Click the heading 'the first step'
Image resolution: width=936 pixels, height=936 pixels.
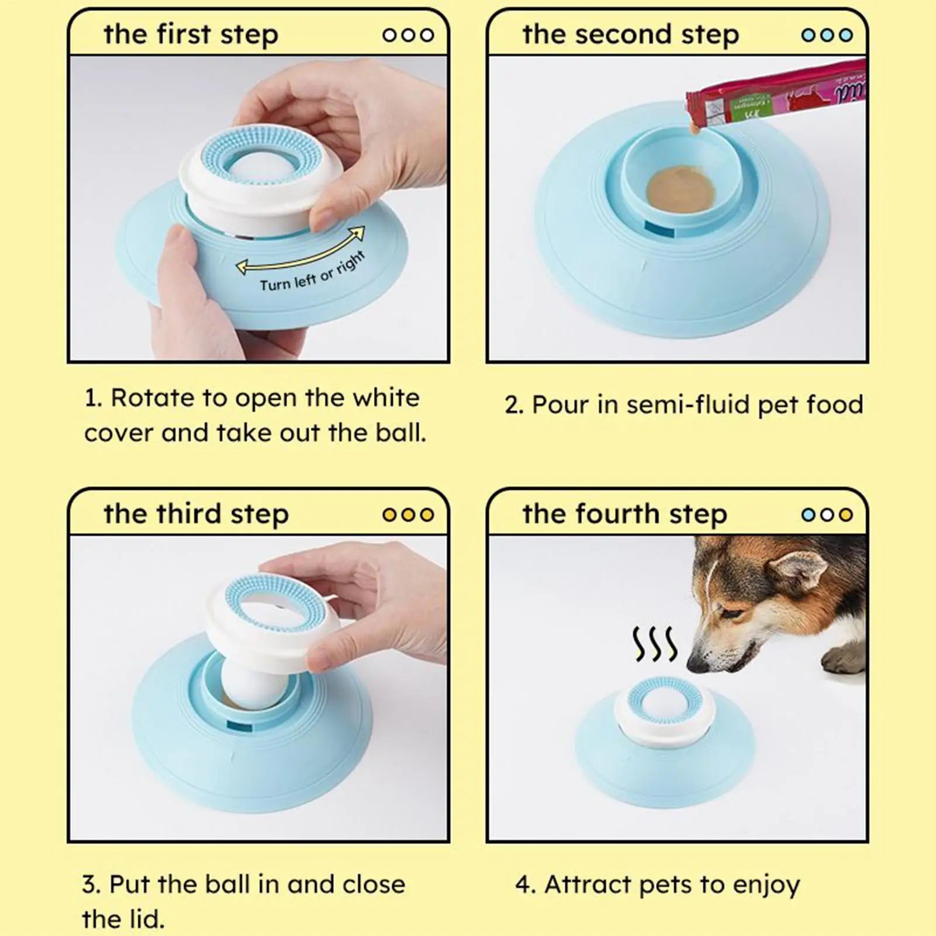(191, 34)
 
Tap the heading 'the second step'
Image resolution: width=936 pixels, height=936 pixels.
(630, 34)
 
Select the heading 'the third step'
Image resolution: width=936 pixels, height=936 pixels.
(196, 514)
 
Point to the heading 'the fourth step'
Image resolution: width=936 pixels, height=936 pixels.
(624, 514)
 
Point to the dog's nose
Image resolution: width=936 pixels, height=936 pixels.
(696, 664)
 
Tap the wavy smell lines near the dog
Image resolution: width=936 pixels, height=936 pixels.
(655, 644)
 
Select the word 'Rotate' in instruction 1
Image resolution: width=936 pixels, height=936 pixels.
(152, 398)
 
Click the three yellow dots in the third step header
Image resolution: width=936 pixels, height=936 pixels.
(408, 514)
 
